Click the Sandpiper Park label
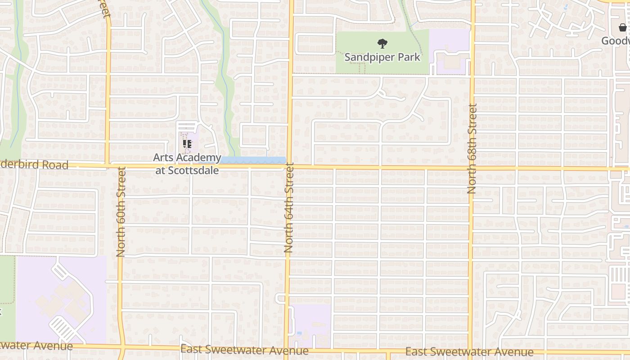(382, 57)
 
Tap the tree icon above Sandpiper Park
(382, 44)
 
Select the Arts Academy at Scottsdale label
(187, 164)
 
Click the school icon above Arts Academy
(187, 144)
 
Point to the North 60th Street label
(121, 211)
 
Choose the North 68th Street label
(472, 148)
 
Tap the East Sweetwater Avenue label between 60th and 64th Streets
(244, 350)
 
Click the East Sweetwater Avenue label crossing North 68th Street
(469, 352)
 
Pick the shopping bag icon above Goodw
(622, 28)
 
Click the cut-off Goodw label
(616, 41)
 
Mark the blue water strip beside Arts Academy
(253, 160)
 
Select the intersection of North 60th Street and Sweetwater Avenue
(121, 347)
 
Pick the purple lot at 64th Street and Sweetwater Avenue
(310, 325)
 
